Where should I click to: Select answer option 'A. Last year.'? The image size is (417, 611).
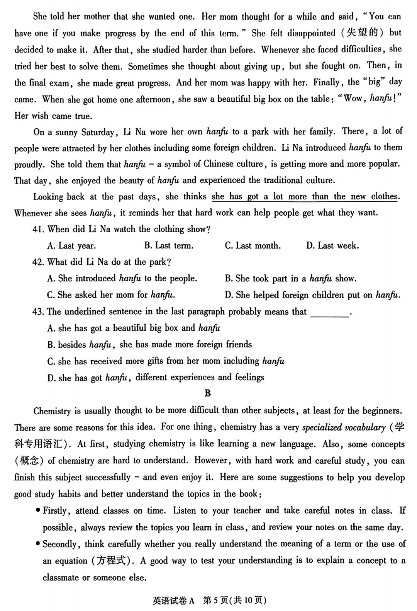tap(71, 246)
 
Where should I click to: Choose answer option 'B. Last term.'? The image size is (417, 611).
tap(169, 246)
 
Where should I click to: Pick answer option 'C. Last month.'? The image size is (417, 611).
tap(253, 246)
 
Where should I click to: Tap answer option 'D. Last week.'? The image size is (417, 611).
tap(332, 246)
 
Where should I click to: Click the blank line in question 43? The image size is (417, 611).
tap(330, 312)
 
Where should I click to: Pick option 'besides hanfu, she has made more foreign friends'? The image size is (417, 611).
tap(149, 344)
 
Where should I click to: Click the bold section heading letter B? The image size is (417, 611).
tap(208, 393)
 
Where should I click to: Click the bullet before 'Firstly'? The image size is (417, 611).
tap(38, 511)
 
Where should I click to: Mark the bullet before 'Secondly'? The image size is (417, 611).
tap(38, 544)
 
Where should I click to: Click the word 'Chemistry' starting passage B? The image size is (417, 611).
tap(52, 411)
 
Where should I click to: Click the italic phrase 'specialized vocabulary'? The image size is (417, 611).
tap(344, 427)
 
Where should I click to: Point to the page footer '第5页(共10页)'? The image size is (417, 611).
tap(234, 600)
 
